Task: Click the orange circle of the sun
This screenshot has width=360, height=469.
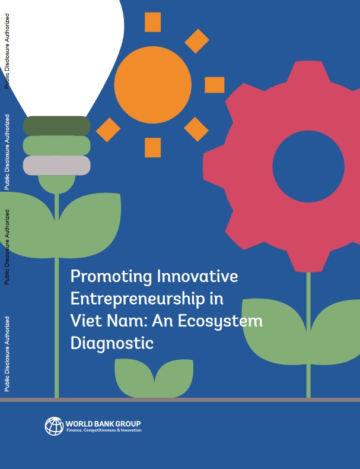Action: coord(152,85)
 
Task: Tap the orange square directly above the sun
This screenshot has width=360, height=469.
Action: coord(152,22)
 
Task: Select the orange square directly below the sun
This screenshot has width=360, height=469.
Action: coord(152,147)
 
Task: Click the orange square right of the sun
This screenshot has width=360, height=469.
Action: coord(215,85)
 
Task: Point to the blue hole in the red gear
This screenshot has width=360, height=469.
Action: coord(308,166)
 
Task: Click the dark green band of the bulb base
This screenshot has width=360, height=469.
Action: coord(57,126)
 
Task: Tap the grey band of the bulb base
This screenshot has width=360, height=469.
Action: coord(57,166)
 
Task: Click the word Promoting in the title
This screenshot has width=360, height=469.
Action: coord(111,277)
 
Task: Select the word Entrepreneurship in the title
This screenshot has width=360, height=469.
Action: coord(138,299)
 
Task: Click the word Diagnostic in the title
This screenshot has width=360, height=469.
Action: coord(112,343)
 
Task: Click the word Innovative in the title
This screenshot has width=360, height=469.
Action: coord(197,276)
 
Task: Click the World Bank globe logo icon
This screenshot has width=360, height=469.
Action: coord(54,426)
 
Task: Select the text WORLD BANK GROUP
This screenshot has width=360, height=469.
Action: coord(103,423)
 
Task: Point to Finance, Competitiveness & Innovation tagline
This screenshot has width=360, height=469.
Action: coord(104,430)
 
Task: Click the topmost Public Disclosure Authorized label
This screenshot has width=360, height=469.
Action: coord(7,51)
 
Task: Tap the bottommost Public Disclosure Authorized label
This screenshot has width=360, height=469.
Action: coord(7,354)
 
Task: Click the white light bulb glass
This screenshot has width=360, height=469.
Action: coord(60,54)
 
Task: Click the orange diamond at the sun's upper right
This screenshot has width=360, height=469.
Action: coord(196,41)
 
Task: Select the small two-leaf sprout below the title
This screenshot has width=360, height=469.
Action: coord(154,378)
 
